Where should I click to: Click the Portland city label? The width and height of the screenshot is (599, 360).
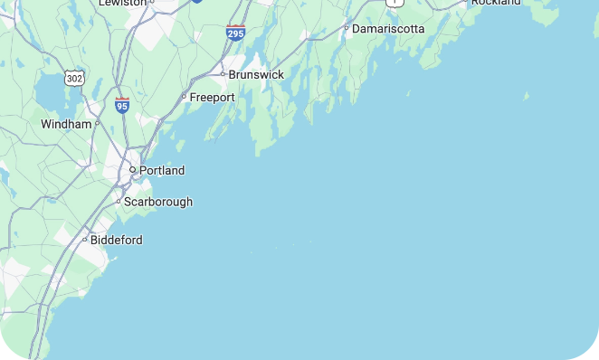(x=162, y=170)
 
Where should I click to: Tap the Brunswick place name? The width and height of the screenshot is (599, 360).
(x=256, y=74)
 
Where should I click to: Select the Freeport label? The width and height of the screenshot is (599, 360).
(x=212, y=97)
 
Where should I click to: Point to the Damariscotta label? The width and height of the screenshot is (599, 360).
(x=388, y=29)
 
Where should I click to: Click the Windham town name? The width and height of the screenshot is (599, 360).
(x=66, y=124)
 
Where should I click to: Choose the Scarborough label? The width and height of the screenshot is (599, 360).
(x=158, y=202)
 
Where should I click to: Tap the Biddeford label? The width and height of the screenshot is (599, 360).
(x=117, y=240)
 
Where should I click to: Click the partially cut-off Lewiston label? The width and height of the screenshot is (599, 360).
(x=122, y=3)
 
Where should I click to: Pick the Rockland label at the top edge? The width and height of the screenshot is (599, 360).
(x=496, y=3)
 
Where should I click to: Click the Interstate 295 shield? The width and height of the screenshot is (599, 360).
(x=236, y=33)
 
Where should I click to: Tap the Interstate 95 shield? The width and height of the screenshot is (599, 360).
(x=122, y=105)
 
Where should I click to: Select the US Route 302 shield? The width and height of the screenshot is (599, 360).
(x=75, y=79)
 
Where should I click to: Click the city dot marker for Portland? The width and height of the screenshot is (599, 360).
(x=132, y=170)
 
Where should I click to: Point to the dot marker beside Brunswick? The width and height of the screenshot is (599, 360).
(x=223, y=74)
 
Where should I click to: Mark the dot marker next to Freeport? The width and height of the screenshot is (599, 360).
(x=184, y=97)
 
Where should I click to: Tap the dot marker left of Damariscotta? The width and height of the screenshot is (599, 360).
(x=346, y=29)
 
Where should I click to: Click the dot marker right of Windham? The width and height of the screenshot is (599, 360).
(x=97, y=124)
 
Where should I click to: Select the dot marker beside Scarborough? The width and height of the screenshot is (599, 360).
(x=118, y=202)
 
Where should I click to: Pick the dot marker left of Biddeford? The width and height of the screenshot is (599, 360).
(x=84, y=240)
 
